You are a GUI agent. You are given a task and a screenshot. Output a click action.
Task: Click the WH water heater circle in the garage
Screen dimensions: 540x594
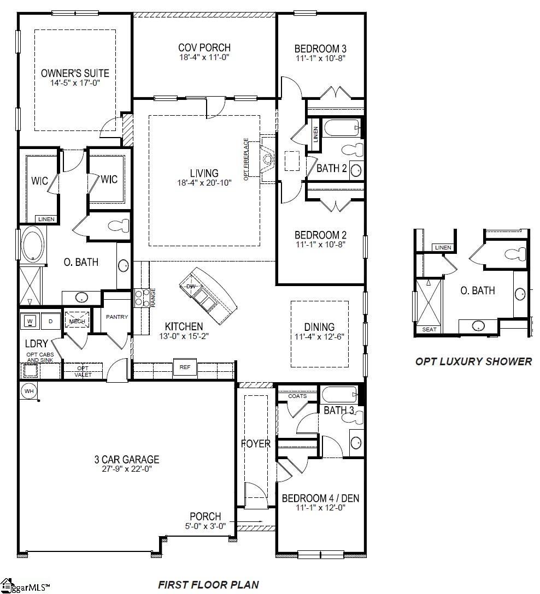pos(29,391)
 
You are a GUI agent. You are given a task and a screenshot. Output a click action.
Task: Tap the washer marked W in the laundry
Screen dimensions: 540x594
pos(30,322)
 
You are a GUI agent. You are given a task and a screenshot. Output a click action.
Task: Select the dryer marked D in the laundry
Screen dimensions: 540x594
pos(50,321)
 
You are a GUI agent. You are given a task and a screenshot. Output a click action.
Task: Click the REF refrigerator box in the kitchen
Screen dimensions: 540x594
pos(185,367)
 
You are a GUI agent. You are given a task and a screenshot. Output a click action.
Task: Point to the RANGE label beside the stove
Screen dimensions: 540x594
pos(153,298)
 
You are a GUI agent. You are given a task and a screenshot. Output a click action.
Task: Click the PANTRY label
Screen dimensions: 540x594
pos(117,317)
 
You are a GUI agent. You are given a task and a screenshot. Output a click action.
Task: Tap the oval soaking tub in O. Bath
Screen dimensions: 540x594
pos(33,245)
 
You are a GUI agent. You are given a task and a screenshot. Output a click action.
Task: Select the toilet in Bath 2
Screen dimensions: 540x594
pos(353,150)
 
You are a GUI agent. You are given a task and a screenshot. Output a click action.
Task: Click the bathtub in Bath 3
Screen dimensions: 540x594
pos(340,394)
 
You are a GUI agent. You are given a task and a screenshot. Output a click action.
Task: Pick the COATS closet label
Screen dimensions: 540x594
pos(297,396)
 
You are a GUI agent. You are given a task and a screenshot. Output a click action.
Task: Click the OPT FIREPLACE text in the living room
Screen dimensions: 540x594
pos(246,159)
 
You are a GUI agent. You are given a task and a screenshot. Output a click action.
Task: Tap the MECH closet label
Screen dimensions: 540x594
pos(77,321)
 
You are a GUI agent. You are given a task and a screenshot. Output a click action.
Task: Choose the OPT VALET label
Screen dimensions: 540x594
pos(83,371)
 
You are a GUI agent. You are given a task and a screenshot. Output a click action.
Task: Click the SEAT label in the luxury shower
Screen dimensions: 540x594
pos(429,330)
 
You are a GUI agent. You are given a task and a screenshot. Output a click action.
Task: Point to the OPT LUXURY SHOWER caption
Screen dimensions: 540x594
pos(474,361)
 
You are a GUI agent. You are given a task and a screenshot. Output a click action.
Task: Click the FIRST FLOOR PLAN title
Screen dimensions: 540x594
pos(208,585)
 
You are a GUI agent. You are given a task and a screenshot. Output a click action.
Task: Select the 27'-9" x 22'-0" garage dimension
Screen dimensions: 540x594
pos(127,469)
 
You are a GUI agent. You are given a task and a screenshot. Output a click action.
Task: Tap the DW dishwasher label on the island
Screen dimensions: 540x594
pos(191,287)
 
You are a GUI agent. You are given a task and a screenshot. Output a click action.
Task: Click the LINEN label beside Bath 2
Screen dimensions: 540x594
pos(316,134)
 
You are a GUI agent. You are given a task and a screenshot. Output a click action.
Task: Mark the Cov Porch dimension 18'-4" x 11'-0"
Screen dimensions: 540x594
pos(204,57)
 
